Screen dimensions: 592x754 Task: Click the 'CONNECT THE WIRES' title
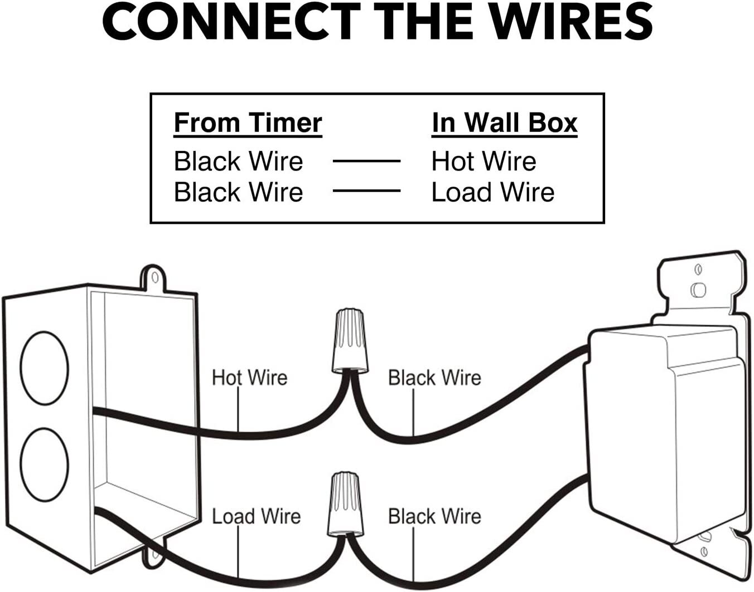pos(377,22)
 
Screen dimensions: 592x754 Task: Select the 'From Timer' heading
pos(248,123)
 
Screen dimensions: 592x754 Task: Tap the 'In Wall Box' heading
pos(504,123)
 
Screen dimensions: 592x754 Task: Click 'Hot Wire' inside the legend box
pos(484,162)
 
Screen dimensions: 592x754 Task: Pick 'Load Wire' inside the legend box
pos(493,192)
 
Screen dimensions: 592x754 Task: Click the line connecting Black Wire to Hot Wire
pos(366,162)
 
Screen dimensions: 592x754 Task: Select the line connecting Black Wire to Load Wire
pos(366,191)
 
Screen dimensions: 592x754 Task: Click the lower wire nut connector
pos(346,503)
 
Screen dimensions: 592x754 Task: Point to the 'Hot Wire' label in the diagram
pos(249,378)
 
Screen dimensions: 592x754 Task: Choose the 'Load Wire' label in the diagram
pos(256,516)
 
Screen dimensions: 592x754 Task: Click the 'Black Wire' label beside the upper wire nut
pos(434,378)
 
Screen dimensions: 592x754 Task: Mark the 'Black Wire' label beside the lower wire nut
pos(434,516)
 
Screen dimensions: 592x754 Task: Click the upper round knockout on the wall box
pos(44,368)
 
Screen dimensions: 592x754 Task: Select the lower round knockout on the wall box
pos(44,464)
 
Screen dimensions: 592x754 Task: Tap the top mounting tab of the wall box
pos(153,278)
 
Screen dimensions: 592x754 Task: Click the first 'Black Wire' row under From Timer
pos(238,162)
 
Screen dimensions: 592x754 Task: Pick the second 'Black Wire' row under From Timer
pos(238,192)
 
